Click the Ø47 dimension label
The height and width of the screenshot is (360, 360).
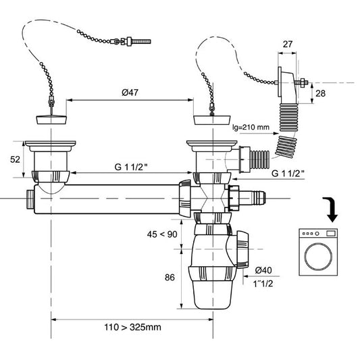coord(130,93)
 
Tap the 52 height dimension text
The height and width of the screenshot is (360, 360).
coord(15,159)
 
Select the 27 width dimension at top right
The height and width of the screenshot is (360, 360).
coord(288,44)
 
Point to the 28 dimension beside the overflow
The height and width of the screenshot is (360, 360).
coord(321,93)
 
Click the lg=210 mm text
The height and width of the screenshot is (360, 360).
coord(251,127)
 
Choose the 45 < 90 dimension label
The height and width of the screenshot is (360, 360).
coord(162,234)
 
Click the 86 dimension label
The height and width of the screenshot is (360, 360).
coord(170,278)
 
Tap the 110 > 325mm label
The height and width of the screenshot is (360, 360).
coord(132,327)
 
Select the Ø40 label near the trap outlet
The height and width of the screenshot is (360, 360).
coord(263,270)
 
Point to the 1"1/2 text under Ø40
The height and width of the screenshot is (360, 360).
coord(263,284)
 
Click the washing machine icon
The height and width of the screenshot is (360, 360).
coord(318,252)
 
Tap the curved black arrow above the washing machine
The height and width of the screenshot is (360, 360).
coord(330,209)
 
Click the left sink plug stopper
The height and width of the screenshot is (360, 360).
coord(52,120)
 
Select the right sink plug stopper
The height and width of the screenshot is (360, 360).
coord(212,120)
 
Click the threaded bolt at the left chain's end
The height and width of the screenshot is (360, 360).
coord(138,42)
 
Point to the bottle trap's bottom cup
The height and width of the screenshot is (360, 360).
coord(212,294)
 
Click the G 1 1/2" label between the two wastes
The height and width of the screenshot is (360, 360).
coord(131,167)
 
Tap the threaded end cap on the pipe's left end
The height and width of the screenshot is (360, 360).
coord(30,199)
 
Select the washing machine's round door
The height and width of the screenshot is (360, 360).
coord(318,256)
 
